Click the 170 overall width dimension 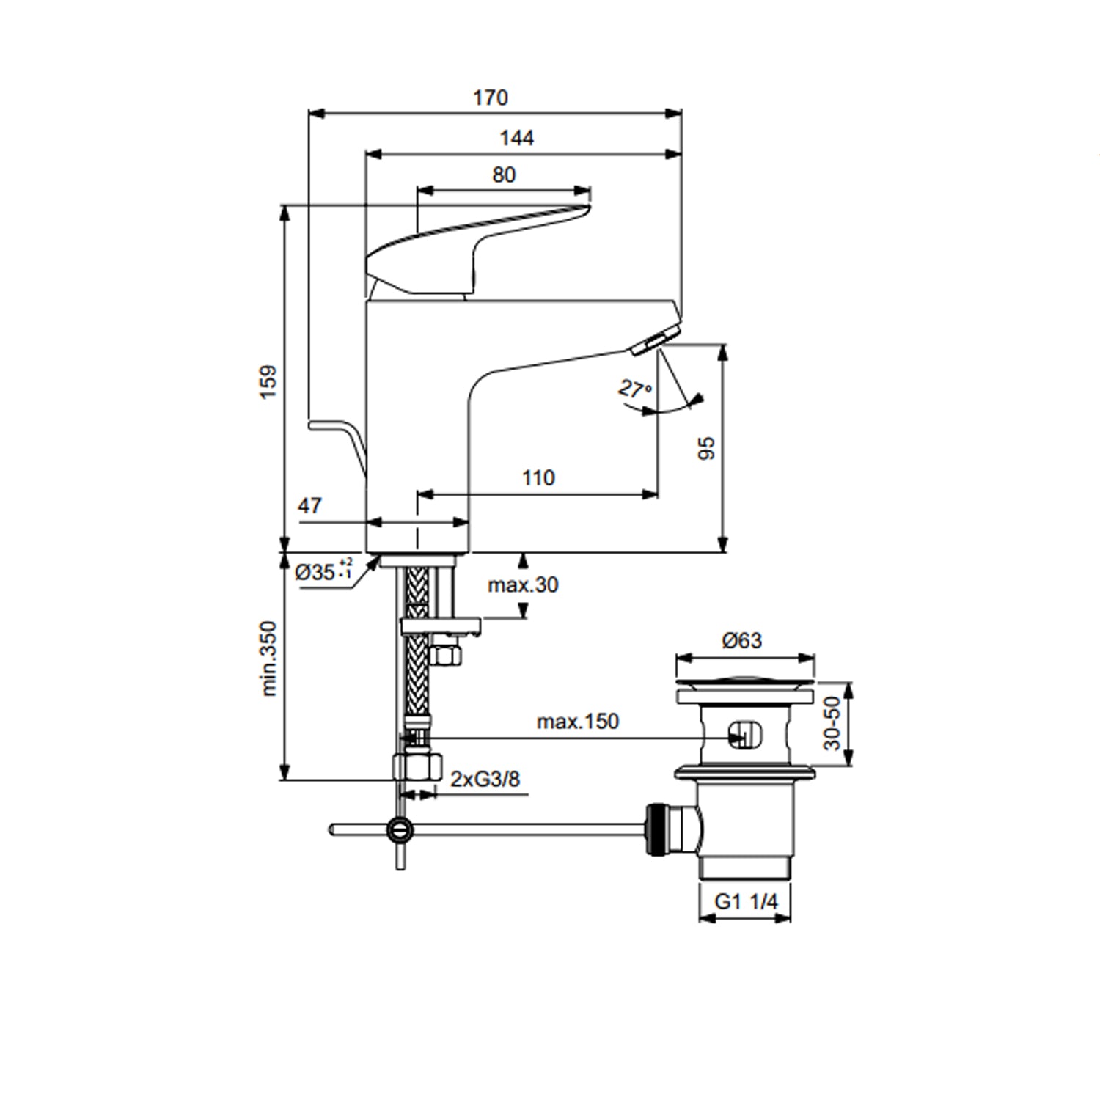tap(491, 98)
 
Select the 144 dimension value tap(517, 138)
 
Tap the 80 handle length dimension tap(504, 175)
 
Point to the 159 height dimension tap(269, 381)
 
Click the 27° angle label tap(635, 389)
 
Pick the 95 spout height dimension tap(706, 447)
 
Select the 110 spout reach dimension tap(538, 478)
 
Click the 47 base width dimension tap(309, 505)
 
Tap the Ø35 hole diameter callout tap(323, 571)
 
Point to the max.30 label tap(523, 584)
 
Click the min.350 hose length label tap(269, 659)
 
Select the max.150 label tap(578, 722)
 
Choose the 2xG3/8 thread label tap(485, 778)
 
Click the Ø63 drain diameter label tap(742, 641)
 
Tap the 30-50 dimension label tap(832, 723)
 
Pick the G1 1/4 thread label tap(746, 901)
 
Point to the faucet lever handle tap(478, 252)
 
